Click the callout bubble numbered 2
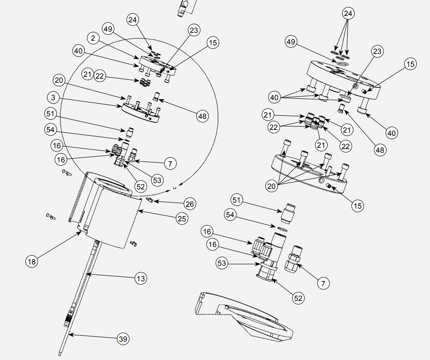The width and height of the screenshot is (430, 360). [93, 38]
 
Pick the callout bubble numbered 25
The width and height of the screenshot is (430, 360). [182, 218]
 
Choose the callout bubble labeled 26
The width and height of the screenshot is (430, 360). [189, 203]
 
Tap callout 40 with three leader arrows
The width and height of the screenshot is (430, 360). [274, 97]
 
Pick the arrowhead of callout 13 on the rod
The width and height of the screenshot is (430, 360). [89, 274]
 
